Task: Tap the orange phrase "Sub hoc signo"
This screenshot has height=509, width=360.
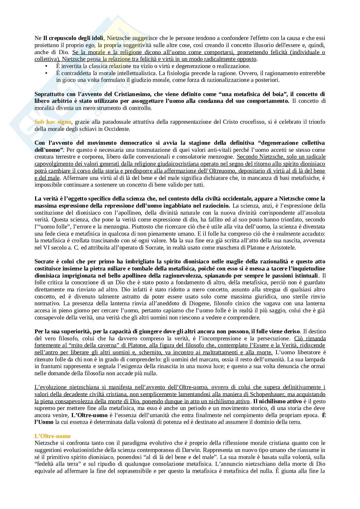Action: click(x=53, y=122)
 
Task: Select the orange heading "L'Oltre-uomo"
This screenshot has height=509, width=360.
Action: click(x=52, y=436)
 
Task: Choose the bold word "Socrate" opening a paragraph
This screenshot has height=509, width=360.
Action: click(x=44, y=261)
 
